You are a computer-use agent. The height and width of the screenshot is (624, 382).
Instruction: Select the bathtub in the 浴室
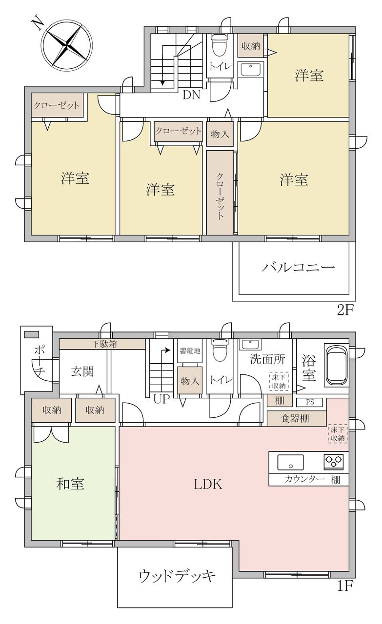point(336,366)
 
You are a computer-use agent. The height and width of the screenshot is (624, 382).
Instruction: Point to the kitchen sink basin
point(290,462)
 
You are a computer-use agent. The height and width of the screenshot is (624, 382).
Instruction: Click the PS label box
point(309,402)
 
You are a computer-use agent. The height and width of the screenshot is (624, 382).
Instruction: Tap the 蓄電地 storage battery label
point(190,351)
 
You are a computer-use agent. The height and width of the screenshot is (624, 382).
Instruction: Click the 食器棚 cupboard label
point(295,418)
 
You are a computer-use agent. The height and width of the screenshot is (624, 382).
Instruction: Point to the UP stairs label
point(161,399)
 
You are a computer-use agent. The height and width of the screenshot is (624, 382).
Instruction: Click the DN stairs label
point(192,95)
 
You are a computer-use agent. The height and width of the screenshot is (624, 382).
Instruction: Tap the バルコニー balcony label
point(298,268)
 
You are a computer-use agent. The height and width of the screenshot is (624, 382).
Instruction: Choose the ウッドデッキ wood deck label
point(177,576)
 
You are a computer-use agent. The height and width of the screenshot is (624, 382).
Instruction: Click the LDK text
point(208,485)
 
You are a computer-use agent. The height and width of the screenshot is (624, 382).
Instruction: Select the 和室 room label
point(70,484)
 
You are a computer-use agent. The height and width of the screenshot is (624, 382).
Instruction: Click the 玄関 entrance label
point(82,371)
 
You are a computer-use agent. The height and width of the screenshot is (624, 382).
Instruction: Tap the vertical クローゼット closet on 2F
point(220,193)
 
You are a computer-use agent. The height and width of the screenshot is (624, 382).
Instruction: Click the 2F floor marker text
point(345,310)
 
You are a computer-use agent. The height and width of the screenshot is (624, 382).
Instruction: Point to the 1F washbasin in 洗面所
point(250,345)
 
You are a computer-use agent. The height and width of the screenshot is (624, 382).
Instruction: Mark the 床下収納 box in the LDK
point(338,434)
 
